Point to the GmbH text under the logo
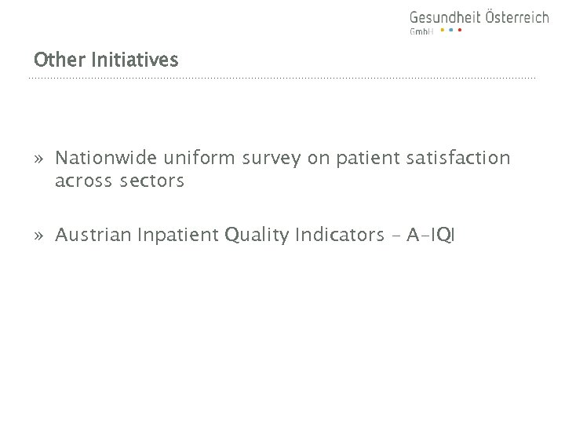[421, 31]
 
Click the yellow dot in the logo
[442, 31]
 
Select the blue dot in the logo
[450, 31]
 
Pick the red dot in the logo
[459, 31]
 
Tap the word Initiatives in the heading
[135, 59]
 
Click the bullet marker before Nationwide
[38, 159]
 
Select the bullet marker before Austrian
[38, 233]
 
